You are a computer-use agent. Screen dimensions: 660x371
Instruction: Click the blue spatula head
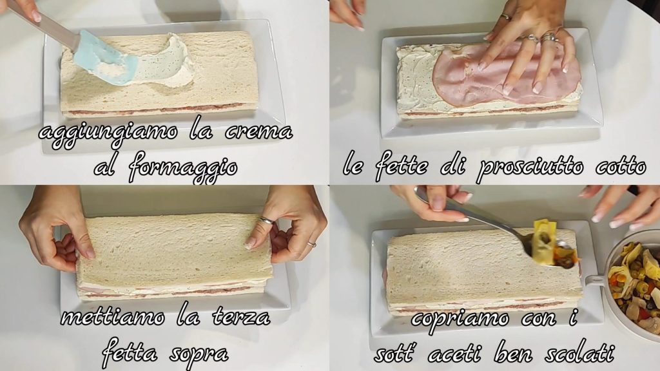105,59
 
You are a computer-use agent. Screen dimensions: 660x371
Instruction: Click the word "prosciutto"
531,167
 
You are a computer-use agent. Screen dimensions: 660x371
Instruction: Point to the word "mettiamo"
112,316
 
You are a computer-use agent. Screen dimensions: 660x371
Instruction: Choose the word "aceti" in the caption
454,354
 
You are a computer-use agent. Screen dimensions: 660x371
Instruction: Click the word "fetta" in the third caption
129,352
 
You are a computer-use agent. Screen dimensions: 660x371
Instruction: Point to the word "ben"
512,354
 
